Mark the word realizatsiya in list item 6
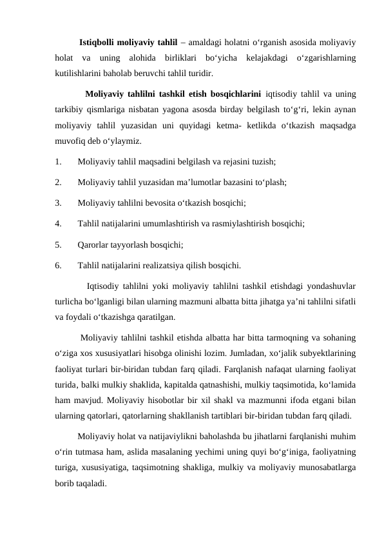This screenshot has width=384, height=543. pyautogui.click(x=186, y=265)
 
